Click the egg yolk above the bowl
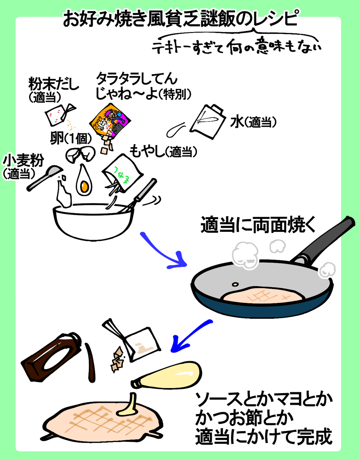point(84,186)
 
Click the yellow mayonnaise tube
point(169,376)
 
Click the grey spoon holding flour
point(45,178)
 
